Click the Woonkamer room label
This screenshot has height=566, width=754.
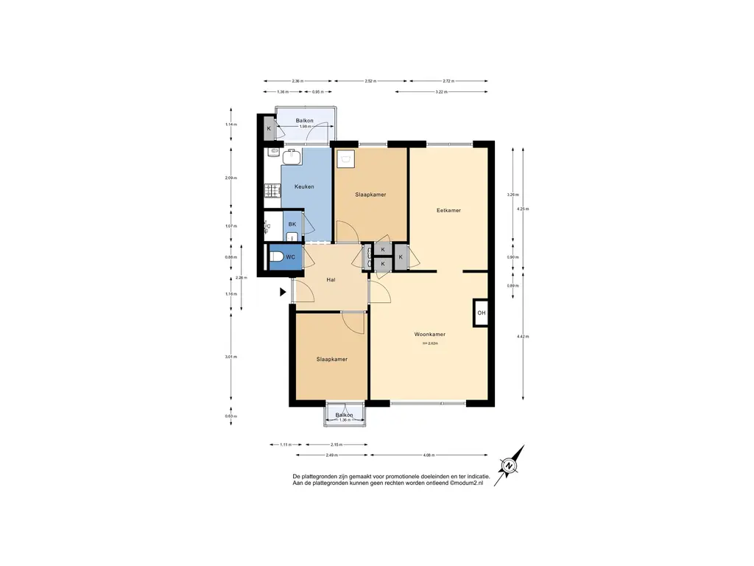429,334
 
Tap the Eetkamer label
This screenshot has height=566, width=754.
448,210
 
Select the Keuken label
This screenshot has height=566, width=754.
304,186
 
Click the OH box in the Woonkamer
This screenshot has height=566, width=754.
481,313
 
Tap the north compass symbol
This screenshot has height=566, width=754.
509,466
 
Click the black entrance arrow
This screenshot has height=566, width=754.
282,292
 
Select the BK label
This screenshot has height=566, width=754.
292,224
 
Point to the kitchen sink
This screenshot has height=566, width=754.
291,154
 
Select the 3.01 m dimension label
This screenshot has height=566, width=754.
231,357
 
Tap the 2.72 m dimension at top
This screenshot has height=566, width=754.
448,81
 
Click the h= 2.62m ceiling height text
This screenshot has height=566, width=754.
429,343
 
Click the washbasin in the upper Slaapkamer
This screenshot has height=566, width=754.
345,156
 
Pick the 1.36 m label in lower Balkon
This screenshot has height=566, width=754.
344,421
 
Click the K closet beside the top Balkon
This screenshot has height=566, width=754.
269,129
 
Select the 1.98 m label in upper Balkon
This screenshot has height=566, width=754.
304,127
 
